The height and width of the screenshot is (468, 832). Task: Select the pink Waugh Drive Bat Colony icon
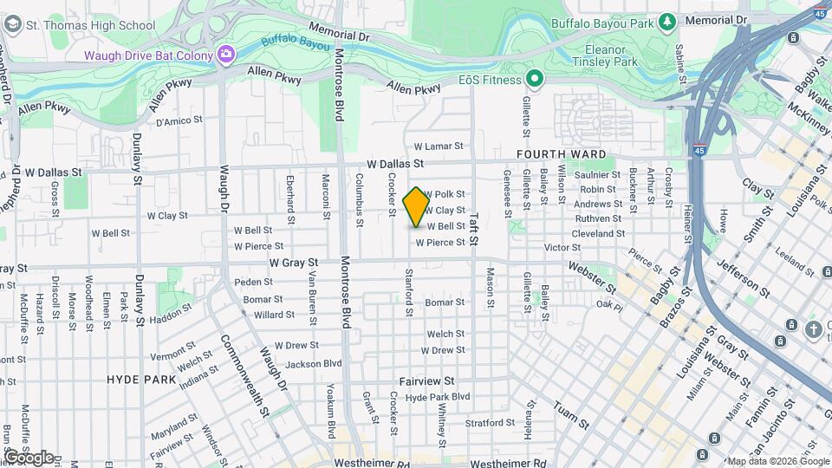226,55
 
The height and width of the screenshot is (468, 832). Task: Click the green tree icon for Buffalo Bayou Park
666,20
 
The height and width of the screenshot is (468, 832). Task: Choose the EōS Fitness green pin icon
535,80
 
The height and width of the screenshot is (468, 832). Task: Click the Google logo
28,457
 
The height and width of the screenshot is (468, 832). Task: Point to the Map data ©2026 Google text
777,461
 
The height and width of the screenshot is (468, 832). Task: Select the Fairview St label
426,380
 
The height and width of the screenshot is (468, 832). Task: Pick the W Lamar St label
439,146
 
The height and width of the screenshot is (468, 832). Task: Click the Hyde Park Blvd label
437,397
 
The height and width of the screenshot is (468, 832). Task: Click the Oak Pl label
609,305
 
